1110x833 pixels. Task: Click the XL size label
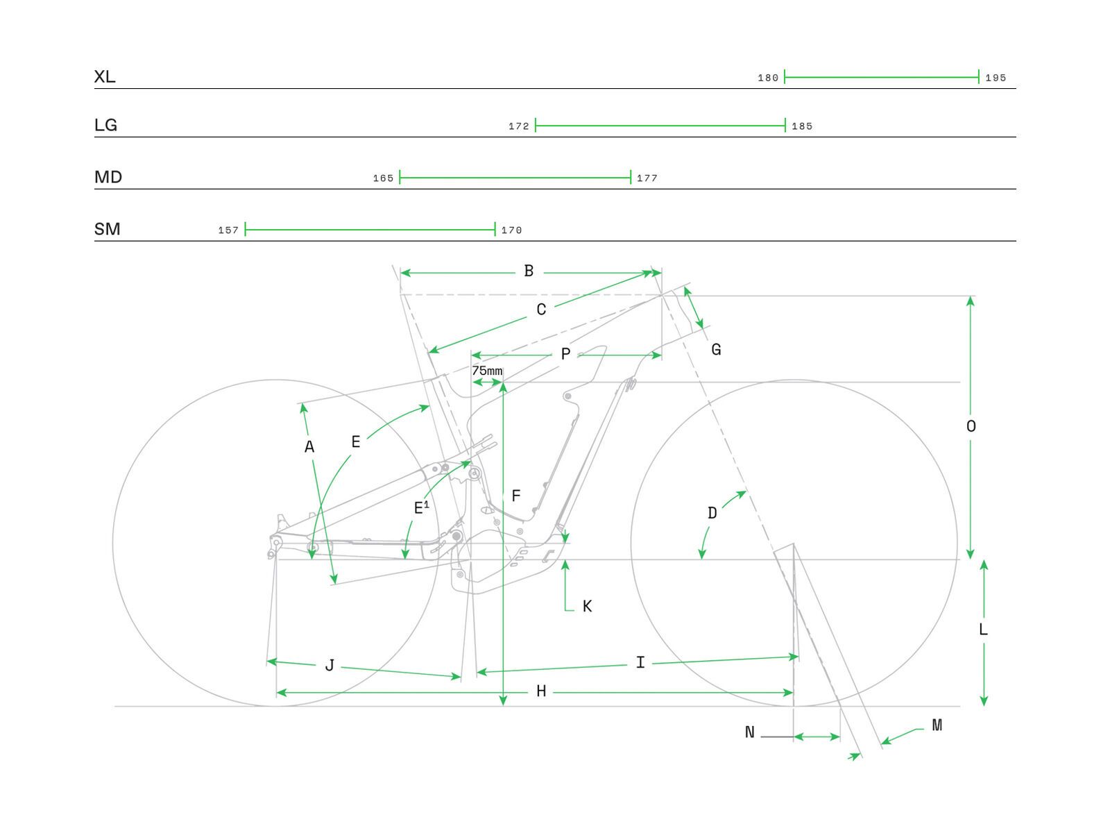tap(105, 76)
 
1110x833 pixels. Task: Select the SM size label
tap(107, 229)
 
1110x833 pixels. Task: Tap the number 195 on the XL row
tap(996, 78)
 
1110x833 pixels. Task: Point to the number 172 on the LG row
tap(518, 126)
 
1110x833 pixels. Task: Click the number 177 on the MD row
tap(647, 178)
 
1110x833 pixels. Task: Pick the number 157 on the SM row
tap(228, 230)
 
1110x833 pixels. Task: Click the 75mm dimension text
tap(487, 371)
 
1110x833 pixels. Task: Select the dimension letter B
tap(529, 271)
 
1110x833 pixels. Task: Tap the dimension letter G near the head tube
tap(716, 350)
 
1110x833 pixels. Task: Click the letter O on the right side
tap(971, 426)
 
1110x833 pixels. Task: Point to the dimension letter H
tap(541, 691)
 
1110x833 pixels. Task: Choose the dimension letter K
tap(587, 607)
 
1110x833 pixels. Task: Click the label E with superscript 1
tap(421, 507)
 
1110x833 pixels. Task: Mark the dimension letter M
tap(937, 725)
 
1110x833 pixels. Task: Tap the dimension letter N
tap(749, 732)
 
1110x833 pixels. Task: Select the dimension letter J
tap(330, 666)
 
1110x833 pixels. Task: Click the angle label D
tap(712, 513)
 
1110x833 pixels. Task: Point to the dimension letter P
tap(565, 355)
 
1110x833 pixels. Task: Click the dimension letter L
tap(983, 630)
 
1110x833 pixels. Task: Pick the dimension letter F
tap(515, 496)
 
